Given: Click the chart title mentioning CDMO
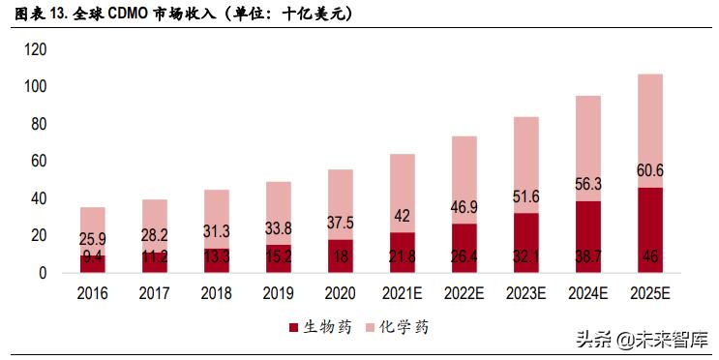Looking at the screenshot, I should coord(184,14).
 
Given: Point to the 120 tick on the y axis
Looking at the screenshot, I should coord(35,49).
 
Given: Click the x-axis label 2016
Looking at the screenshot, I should coord(92,293).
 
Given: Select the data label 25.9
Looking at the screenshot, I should coord(92,237).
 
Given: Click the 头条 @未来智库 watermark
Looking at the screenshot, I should coord(642,341).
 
